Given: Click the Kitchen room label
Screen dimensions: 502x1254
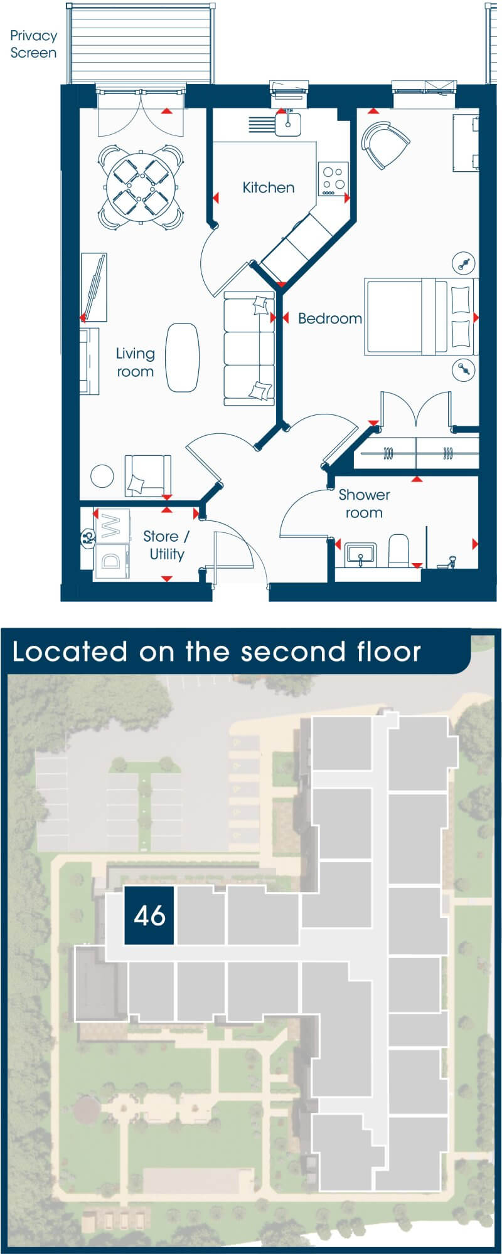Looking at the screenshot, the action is [269, 187].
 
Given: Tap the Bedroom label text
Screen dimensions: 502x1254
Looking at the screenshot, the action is [330, 319].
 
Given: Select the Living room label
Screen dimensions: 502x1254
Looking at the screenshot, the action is [135, 362].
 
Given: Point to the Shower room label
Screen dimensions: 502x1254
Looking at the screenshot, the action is [364, 503].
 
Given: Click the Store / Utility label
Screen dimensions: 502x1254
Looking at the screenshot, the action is [166, 545].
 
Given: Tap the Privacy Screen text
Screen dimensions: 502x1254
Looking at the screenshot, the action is [33, 44].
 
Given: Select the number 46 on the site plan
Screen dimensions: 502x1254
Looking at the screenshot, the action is [149, 915].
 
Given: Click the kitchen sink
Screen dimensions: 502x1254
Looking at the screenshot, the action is [288, 124].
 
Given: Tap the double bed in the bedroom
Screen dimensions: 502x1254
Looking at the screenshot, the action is [421, 317].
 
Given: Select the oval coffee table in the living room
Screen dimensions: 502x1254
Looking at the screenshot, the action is [182, 357].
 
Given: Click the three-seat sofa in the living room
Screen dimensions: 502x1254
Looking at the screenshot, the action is [249, 348].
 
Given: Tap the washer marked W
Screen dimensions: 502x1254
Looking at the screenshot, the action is [112, 525].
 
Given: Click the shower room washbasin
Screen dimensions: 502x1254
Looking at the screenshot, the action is [360, 554].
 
